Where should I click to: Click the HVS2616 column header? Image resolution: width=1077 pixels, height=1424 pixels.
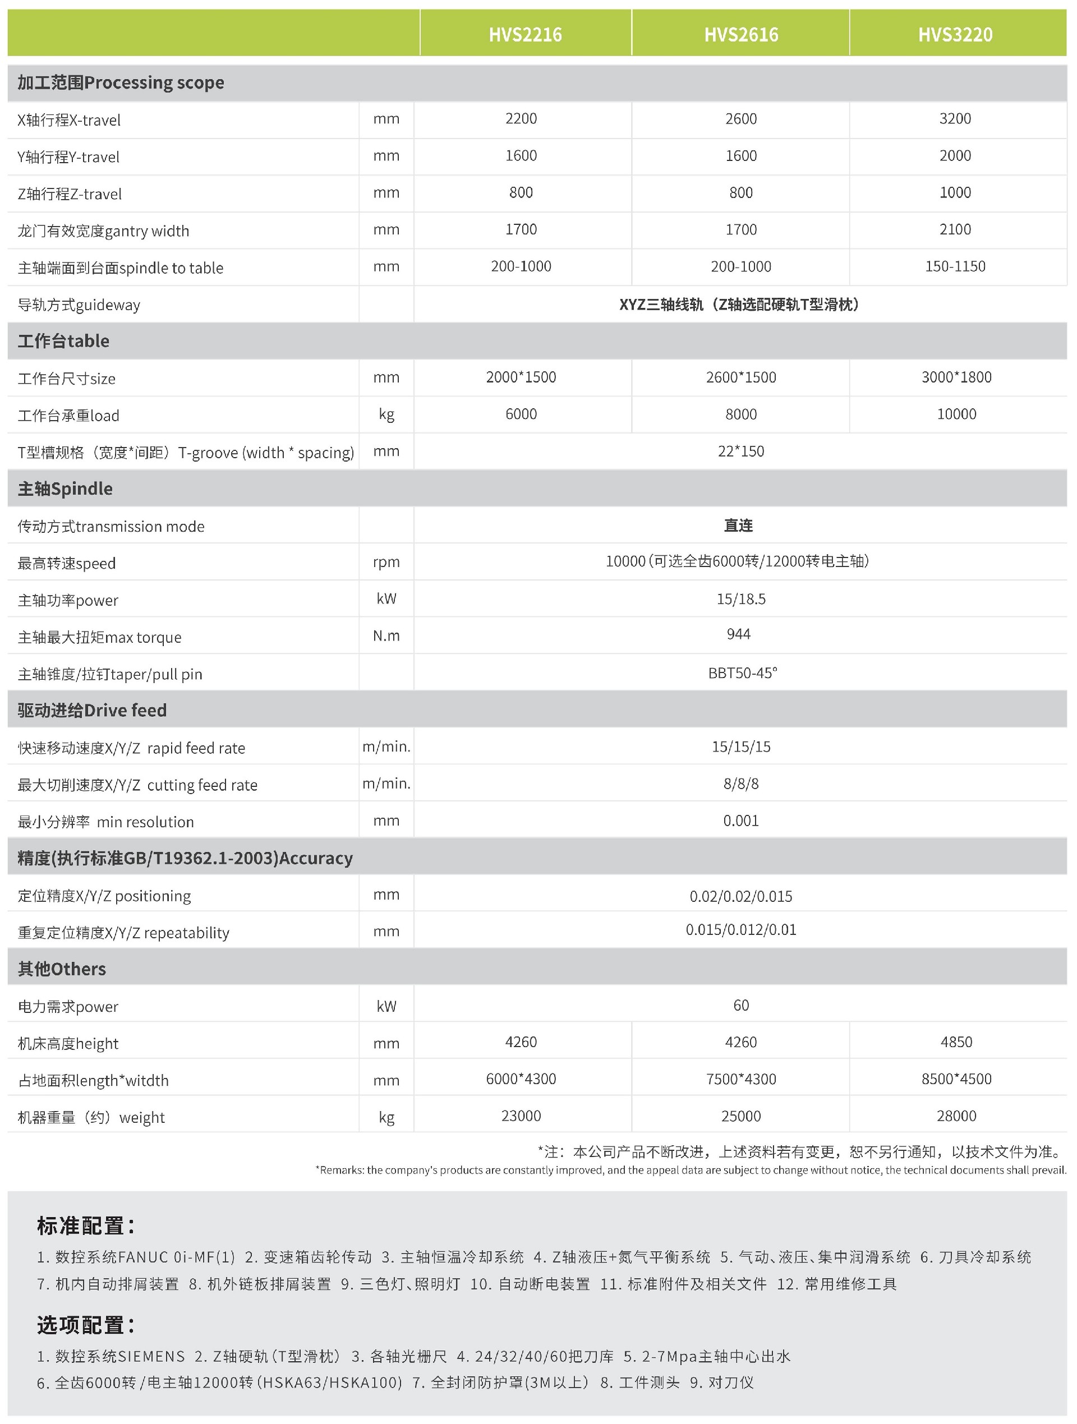click(x=741, y=34)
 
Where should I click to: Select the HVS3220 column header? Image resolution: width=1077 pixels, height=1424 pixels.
click(x=955, y=34)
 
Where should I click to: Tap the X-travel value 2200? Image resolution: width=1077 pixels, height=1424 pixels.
click(x=521, y=118)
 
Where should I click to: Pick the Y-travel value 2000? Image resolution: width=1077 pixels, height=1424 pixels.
click(x=955, y=155)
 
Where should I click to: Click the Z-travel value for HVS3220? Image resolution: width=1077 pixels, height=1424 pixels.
click(x=955, y=192)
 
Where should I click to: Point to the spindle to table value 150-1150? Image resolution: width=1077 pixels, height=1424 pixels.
click(x=955, y=266)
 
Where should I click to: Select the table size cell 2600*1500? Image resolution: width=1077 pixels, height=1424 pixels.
click(x=741, y=377)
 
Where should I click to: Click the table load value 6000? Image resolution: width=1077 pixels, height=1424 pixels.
click(x=521, y=414)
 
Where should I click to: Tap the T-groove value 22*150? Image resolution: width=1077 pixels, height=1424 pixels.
click(x=741, y=451)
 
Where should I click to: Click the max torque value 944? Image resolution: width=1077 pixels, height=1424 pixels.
click(x=738, y=634)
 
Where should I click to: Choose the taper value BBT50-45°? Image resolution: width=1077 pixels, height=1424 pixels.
click(x=742, y=672)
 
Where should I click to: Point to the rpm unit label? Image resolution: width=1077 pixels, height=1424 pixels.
click(x=386, y=562)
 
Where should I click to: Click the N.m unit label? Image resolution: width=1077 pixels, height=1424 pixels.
click(x=386, y=636)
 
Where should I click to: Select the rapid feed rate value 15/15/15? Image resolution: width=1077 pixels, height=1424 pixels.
click(x=741, y=746)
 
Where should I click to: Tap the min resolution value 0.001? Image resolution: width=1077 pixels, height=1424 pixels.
click(x=741, y=821)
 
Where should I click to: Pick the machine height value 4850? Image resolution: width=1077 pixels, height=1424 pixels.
click(x=956, y=1041)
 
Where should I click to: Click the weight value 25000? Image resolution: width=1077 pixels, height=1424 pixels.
click(x=741, y=1116)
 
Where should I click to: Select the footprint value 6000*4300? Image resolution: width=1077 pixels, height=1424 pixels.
click(x=521, y=1079)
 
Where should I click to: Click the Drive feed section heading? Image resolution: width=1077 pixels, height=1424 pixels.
click(x=92, y=710)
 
